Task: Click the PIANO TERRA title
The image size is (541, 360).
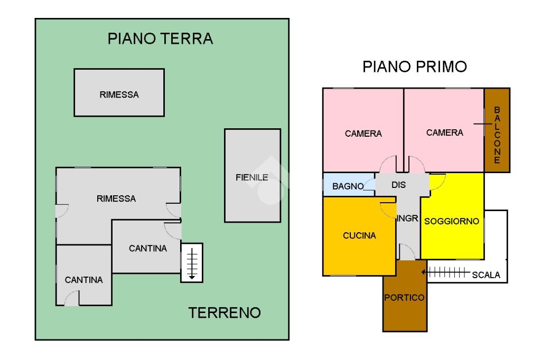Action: (160, 39)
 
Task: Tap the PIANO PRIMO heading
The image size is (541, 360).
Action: (414, 67)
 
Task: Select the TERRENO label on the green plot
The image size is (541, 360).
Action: (224, 313)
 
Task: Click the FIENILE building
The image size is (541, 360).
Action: (253, 176)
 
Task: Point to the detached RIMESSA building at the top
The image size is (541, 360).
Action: (119, 92)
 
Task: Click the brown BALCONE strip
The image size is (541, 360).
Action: (497, 130)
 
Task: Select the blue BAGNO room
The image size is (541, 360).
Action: (349, 184)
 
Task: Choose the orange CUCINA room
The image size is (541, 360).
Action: (359, 236)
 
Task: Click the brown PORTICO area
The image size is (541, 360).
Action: (405, 296)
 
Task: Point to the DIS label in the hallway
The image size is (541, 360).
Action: (398, 185)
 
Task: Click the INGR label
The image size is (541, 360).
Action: (407, 219)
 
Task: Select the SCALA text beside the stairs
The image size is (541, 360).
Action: (486, 275)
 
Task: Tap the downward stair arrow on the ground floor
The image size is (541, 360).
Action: (192, 263)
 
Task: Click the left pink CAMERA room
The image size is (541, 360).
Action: (363, 130)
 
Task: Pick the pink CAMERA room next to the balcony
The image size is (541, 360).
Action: (444, 130)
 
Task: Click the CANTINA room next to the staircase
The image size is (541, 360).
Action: (147, 247)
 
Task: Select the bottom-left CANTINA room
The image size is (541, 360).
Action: (84, 275)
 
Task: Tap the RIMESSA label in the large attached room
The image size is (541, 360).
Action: (116, 198)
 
